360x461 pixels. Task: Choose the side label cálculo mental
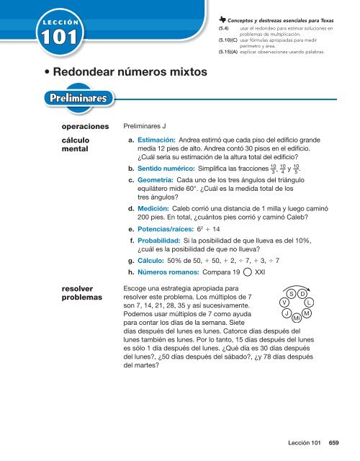click(x=74, y=146)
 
